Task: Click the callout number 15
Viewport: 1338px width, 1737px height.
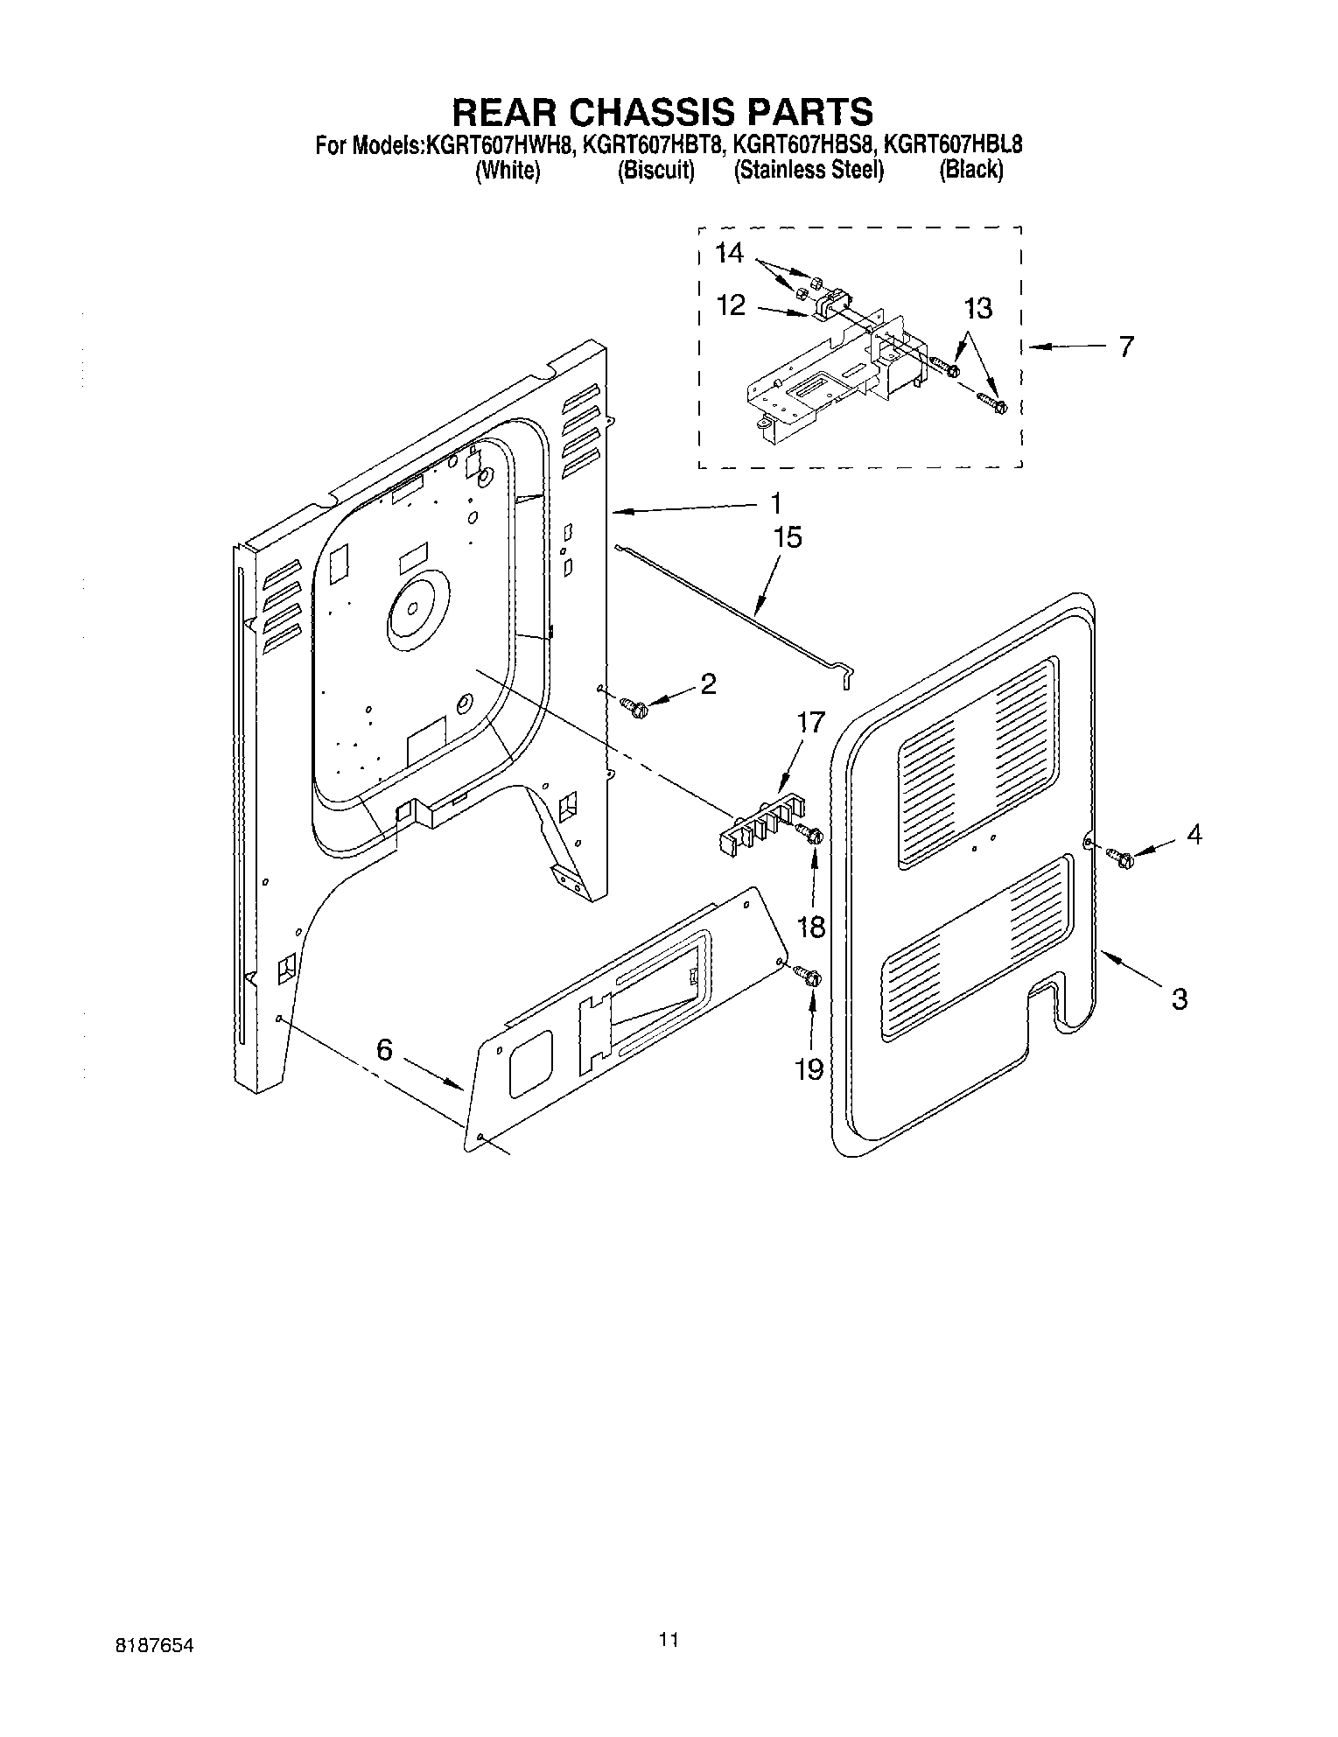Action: tap(788, 537)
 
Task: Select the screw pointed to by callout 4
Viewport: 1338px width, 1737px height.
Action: tap(1120, 858)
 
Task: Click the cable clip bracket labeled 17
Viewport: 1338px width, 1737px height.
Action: tap(758, 822)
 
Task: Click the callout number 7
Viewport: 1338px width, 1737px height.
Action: tap(1125, 347)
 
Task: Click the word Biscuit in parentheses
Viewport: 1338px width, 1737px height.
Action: tap(655, 171)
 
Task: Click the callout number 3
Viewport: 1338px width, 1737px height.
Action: tap(1179, 998)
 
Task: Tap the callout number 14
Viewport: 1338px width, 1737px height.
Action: tap(728, 254)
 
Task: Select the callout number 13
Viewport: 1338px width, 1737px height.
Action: tap(978, 308)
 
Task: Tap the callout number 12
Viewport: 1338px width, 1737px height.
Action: tap(731, 305)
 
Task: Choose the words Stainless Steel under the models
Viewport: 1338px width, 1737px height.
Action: tap(809, 171)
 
